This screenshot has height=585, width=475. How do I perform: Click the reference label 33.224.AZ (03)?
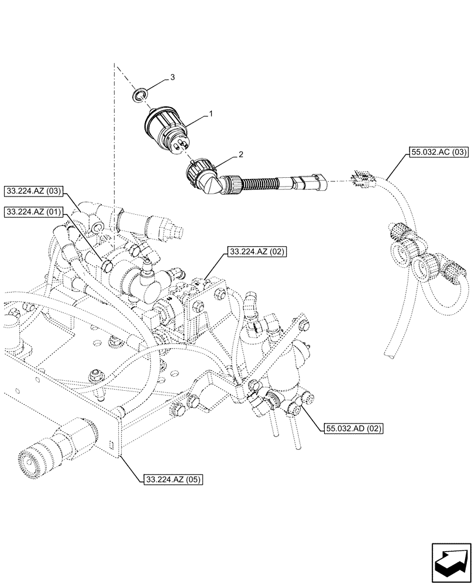click(x=36, y=191)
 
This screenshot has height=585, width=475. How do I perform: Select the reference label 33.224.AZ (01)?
click(x=36, y=212)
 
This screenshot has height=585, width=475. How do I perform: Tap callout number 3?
click(x=172, y=77)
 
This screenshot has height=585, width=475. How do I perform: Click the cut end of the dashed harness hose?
click(x=390, y=353)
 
